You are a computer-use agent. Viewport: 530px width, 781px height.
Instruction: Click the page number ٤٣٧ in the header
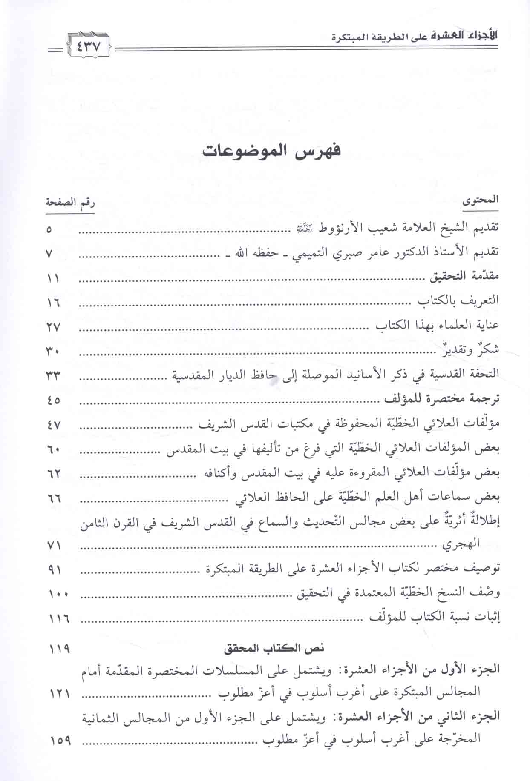pyautogui.click(x=89, y=45)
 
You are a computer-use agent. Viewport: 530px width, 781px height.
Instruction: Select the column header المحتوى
pyautogui.click(x=481, y=201)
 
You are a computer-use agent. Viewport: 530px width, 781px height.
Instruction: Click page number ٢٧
pyautogui.click(x=54, y=327)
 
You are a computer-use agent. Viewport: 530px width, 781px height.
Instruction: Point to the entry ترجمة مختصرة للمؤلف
pyautogui.click(x=442, y=400)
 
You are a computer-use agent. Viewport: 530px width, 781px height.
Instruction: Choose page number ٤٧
pyautogui.click(x=54, y=425)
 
